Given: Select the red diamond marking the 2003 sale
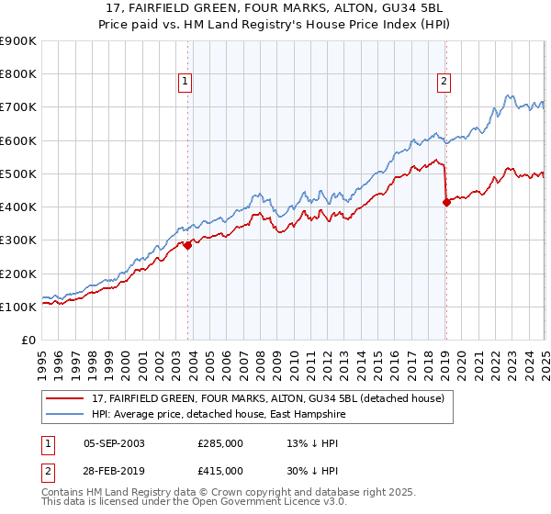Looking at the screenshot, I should tap(187, 245).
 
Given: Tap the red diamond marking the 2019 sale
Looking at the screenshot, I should tap(446, 202).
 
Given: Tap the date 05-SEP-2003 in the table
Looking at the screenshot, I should tap(114, 443).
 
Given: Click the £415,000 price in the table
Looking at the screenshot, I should tap(220, 470).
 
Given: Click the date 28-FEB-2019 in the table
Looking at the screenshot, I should tap(114, 470).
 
